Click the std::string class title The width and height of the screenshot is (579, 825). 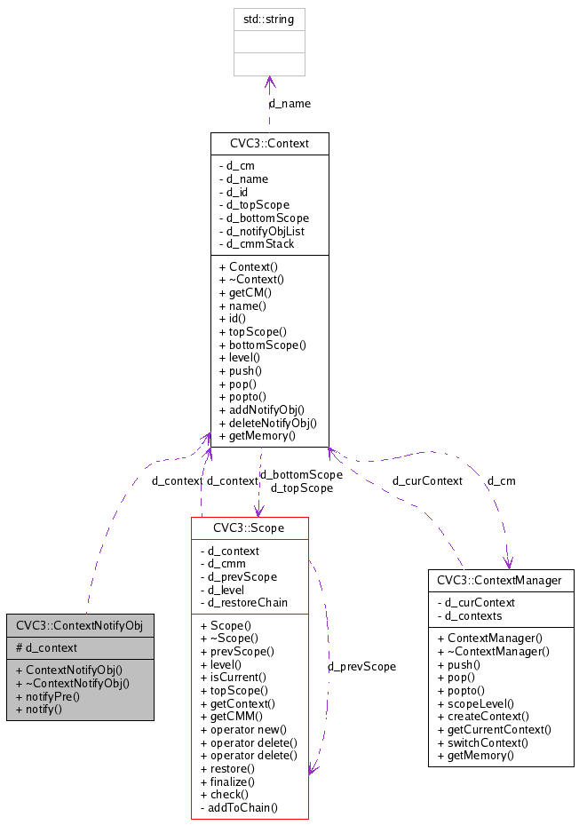tap(269, 18)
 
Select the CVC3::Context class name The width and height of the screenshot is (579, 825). tap(269, 143)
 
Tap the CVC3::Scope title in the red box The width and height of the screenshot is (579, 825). tap(249, 528)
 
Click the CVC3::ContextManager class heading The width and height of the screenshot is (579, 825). tap(500, 581)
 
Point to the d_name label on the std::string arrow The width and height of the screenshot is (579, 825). tap(289, 103)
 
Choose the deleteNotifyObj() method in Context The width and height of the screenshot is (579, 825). tap(267, 423)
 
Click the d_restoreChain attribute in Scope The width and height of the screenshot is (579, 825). tap(248, 602)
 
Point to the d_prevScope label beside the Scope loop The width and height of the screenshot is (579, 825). tap(361, 665)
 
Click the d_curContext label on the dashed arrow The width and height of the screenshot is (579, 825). tap(427, 480)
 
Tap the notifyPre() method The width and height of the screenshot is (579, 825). tap(54, 696)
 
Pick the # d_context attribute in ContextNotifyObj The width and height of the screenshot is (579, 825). tap(47, 647)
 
